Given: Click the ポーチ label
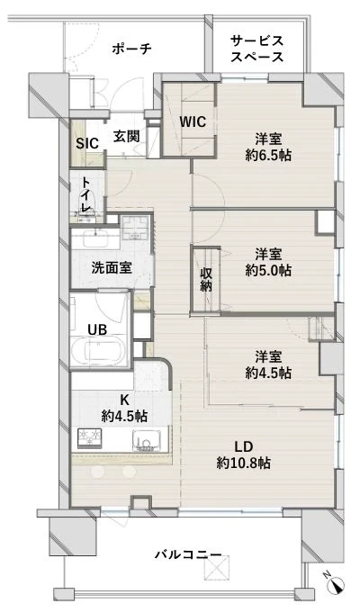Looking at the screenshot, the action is point(131,49).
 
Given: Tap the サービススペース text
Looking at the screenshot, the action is point(256,49).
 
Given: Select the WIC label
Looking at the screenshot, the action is point(193,121).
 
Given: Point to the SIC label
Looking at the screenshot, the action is point(87,143).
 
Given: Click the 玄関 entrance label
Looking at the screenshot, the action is point(127,136).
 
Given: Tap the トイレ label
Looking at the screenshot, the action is point(86,194).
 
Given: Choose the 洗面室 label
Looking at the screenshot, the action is point(112,267).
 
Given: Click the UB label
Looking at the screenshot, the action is point(97,329).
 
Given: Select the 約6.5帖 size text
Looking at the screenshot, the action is point(268,155).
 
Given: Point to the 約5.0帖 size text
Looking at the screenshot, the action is point(268,270).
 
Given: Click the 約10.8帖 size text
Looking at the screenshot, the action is point(243,463).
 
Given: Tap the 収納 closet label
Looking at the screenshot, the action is point(206,280).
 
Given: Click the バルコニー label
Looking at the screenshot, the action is point(189,554).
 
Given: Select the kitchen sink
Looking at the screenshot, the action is point(147,440).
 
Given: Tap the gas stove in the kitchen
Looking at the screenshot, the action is point(89,438).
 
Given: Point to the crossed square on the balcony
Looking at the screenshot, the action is point(216,568).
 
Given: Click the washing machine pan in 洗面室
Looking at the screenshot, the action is point(135,229).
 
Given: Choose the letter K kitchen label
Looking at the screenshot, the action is point(124,400).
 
